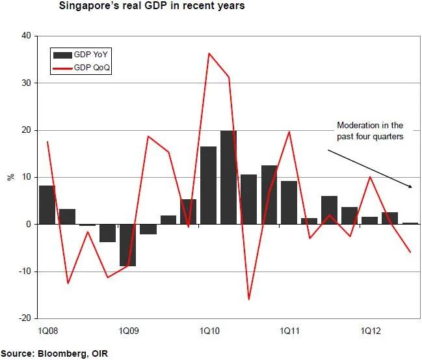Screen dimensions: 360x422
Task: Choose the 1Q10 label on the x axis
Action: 209,331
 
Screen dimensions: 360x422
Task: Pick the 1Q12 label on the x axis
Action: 371,331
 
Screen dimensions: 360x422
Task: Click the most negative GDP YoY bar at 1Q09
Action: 128,245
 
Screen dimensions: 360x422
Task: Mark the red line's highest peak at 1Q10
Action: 209,53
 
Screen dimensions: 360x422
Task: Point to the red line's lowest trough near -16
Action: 249,299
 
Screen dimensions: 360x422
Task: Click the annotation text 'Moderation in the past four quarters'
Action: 369,131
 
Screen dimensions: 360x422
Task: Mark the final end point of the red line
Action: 410,252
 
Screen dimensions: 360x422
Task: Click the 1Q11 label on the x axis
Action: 289,331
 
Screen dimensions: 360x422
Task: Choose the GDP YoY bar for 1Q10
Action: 209,186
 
